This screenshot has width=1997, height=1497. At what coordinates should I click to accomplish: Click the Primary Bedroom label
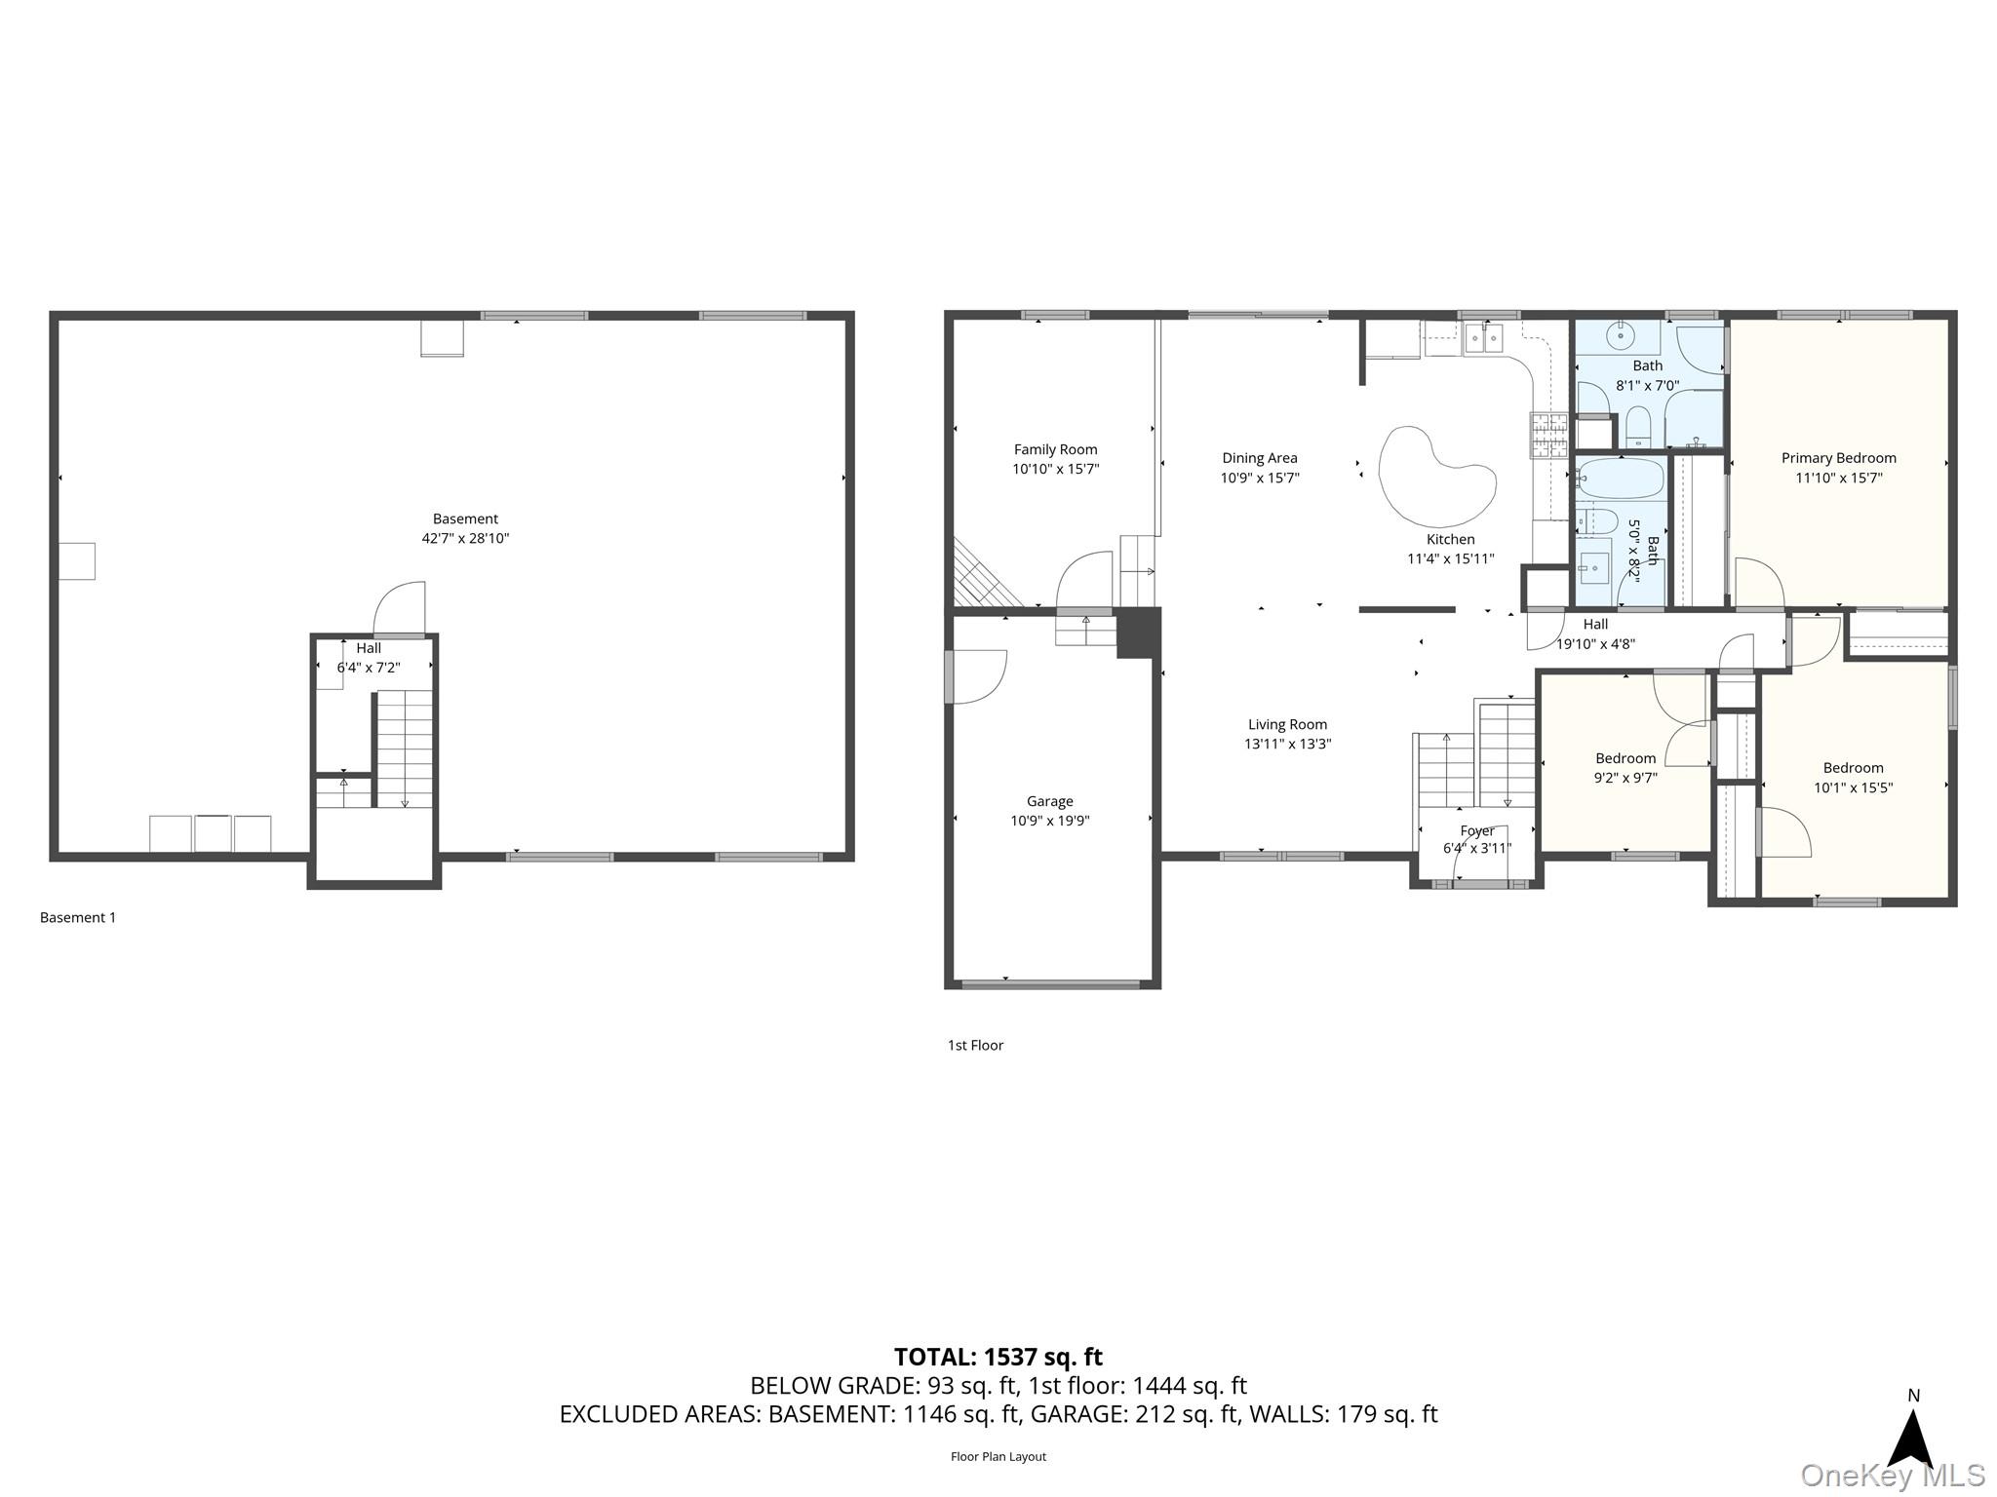point(1838,458)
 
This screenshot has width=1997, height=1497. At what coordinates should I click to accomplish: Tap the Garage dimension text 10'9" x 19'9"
point(1049,821)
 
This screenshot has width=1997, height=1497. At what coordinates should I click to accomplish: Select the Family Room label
point(1055,449)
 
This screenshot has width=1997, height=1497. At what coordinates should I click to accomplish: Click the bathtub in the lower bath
point(1621,480)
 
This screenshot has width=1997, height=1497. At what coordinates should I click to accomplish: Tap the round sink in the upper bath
point(1620,337)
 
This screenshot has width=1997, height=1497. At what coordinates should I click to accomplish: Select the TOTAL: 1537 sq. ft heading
point(998,1357)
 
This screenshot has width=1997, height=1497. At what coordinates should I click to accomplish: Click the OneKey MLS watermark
point(1893,1476)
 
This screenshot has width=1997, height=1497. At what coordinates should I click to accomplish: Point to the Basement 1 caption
point(78,917)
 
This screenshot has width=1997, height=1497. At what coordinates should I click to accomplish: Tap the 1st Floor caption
point(975,1045)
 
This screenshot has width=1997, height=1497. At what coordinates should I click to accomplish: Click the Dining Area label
point(1260,458)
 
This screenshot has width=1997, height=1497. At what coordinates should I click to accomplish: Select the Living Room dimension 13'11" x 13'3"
point(1287,744)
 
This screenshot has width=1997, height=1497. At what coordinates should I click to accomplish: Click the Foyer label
point(1477,830)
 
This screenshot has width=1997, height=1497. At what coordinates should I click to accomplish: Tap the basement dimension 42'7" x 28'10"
point(465,538)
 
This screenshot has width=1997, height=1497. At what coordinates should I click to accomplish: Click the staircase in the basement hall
point(404,748)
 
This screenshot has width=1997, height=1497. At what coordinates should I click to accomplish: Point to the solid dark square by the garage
point(1138,632)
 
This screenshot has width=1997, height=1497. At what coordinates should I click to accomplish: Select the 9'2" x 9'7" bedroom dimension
point(1625,778)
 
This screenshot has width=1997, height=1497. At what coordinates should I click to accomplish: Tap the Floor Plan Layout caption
point(998,1456)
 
